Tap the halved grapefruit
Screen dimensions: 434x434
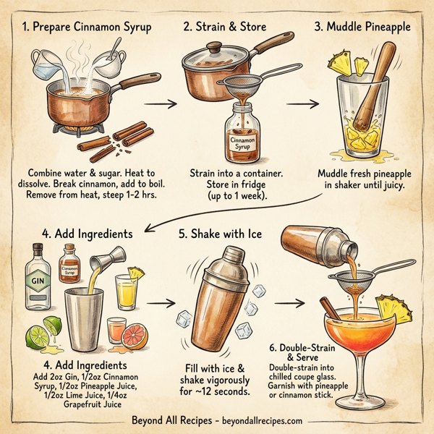click(137, 337)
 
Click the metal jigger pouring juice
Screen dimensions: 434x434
click(101, 262)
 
